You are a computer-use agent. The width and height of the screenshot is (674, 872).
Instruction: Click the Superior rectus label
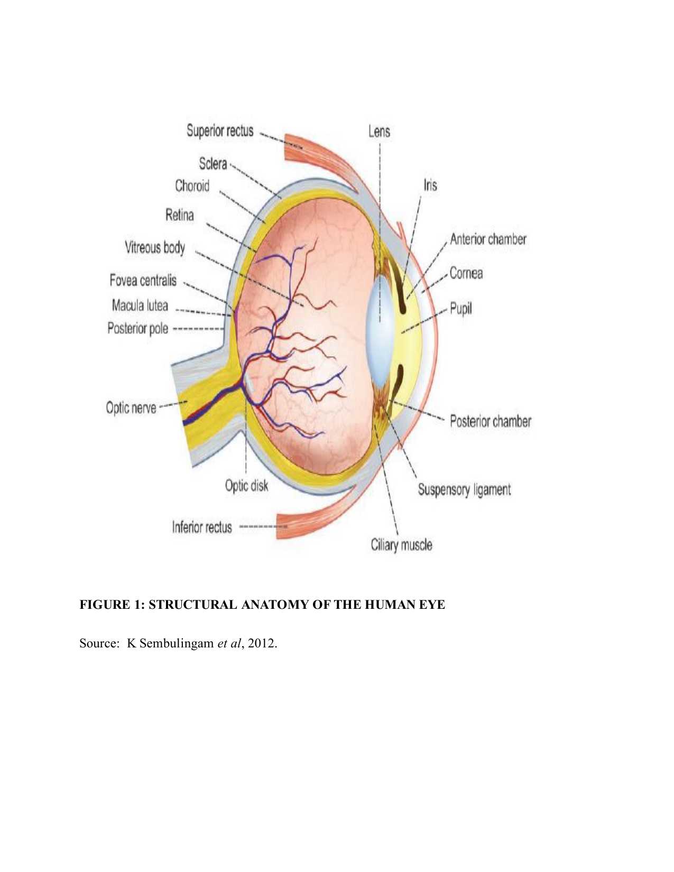220,131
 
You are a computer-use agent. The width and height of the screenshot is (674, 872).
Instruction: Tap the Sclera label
213,164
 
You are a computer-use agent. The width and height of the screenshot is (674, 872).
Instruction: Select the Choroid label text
192,186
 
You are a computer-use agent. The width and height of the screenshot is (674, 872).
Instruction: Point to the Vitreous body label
155,247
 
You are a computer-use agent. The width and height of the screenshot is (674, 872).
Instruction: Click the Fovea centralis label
143,280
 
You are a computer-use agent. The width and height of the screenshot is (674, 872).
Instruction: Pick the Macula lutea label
140,305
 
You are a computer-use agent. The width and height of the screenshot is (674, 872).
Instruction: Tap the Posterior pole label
137,329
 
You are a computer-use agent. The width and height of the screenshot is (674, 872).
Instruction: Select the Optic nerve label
131,408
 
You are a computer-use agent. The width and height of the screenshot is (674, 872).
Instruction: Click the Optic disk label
246,486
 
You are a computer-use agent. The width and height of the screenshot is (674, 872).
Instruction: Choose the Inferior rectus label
201,527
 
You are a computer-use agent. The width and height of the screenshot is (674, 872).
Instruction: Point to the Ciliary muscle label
401,545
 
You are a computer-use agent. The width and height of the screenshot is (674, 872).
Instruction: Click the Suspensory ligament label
464,489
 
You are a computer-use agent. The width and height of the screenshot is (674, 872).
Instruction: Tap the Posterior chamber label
490,421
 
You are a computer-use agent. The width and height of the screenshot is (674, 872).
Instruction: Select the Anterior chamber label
488,239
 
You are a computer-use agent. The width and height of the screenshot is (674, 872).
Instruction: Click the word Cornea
466,273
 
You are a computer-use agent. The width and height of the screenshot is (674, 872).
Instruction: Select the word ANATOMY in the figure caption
275,605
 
